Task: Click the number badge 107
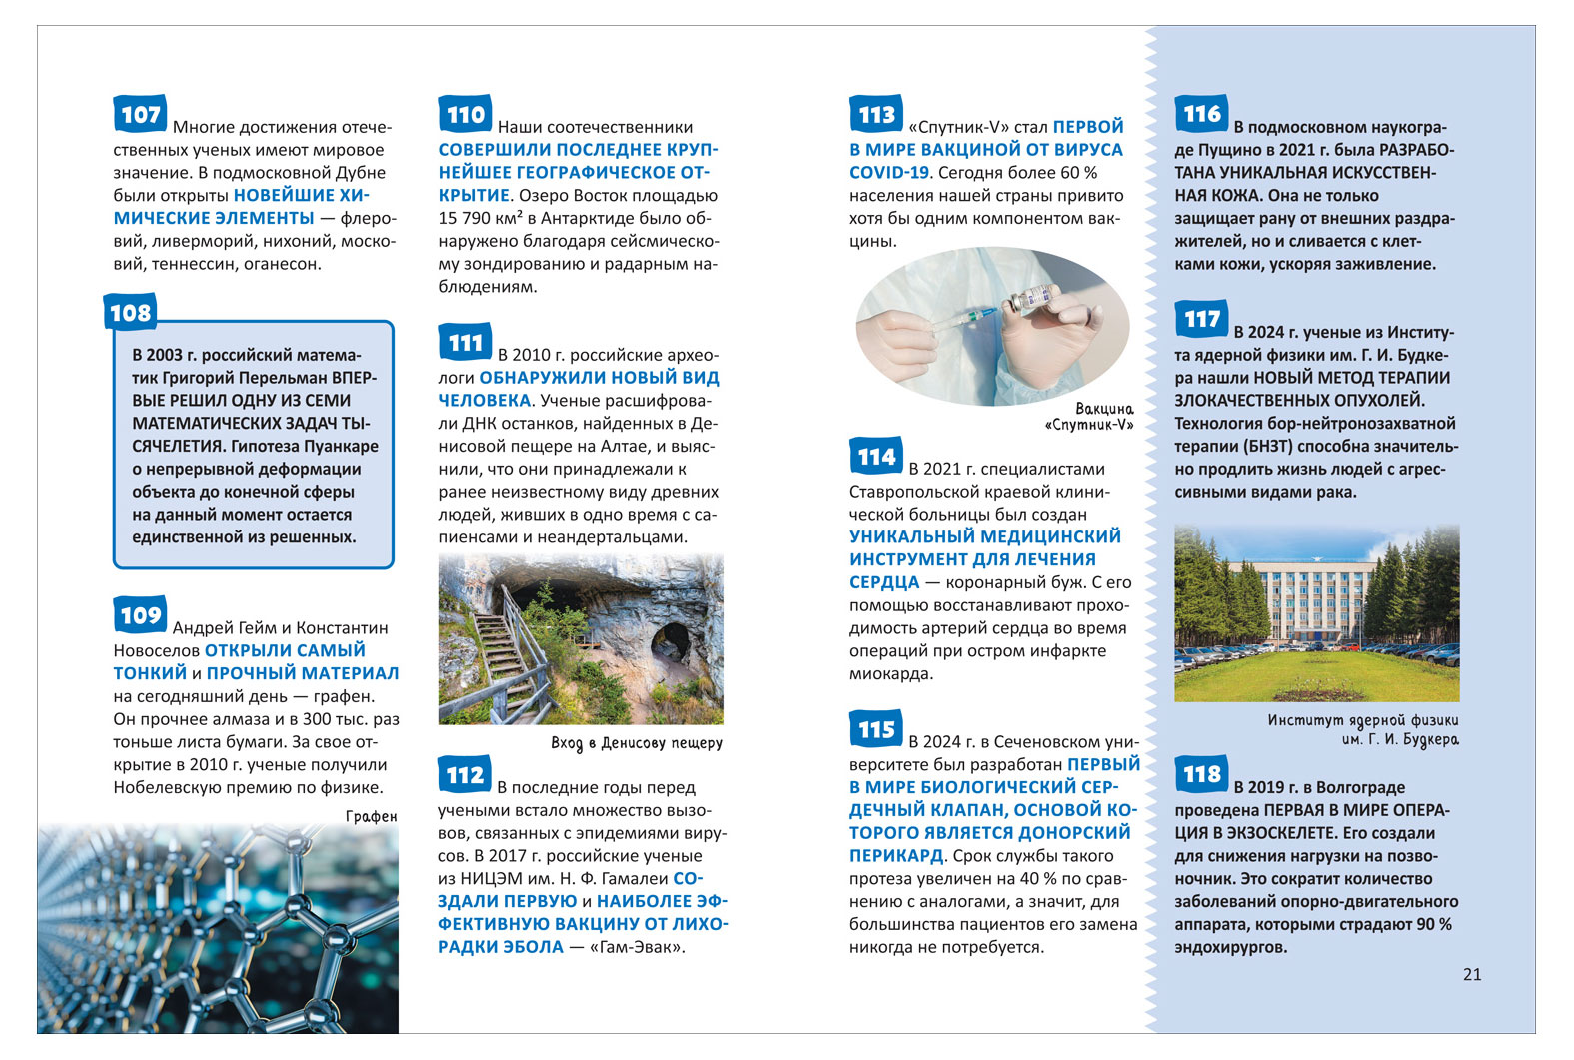[x=140, y=114]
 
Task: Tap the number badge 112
[x=465, y=775]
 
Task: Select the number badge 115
[x=876, y=729]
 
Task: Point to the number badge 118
[x=1201, y=774]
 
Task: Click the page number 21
[x=1471, y=974]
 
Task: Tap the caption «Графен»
[x=371, y=816]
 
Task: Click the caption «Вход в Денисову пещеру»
[x=636, y=743]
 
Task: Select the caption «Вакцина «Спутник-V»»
[x=1090, y=416]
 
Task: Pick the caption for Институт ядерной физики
[x=1363, y=729]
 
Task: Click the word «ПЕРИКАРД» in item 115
[x=896, y=856]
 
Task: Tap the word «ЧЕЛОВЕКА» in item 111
[x=485, y=401]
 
